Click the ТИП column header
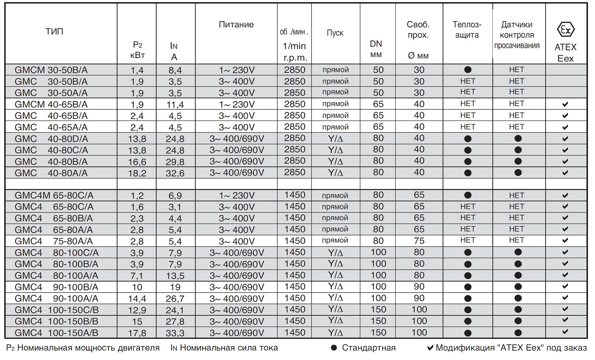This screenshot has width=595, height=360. coord(54,31)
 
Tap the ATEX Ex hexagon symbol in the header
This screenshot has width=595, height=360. coord(565,30)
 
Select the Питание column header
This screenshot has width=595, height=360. coord(236,25)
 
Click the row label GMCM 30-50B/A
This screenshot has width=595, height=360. coord(51,70)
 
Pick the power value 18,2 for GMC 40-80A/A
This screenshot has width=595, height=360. coord(137,173)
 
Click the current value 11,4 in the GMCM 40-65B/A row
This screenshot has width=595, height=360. coord(175,105)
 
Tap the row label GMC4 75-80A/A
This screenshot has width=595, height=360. coord(54,241)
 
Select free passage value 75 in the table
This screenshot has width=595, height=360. coord(419,241)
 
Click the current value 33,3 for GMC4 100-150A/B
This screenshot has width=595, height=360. coord(175,333)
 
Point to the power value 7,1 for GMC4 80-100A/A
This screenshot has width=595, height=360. coord(137,276)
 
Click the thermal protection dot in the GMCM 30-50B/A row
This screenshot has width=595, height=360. coord(468,70)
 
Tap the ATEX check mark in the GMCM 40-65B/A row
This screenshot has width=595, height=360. coord(565,105)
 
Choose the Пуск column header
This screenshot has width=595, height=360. coord(335,33)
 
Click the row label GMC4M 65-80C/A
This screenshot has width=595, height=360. coord(54,195)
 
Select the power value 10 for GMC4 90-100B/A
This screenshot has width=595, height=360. coord(137,287)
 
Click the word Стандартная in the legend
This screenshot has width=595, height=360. coord(369,348)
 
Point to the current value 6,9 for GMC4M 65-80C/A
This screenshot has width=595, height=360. coord(175,195)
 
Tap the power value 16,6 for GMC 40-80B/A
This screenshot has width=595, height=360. coord(137,162)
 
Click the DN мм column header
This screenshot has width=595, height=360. coord(376,49)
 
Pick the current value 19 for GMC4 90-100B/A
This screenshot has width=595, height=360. coord(175,287)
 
